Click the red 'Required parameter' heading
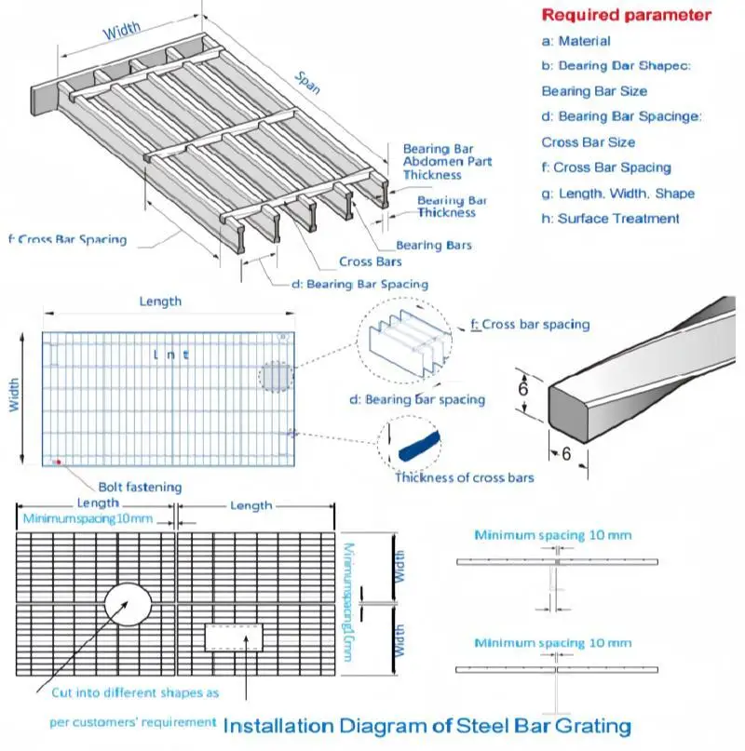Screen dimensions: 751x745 coord(626,15)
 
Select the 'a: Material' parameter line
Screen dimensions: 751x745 coord(576,41)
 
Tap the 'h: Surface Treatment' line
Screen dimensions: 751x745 coord(610,219)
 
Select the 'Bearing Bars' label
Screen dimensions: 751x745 coord(434,246)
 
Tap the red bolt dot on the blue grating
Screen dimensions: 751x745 coord(58,461)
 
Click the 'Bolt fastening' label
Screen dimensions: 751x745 coord(140,487)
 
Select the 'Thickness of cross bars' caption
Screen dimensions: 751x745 coord(465,478)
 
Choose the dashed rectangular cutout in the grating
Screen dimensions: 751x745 coord(234,637)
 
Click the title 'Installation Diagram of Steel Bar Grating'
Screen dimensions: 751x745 coord(427,726)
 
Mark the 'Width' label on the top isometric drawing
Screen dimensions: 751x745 coord(121,33)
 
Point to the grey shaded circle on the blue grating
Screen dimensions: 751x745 coord(276,377)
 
